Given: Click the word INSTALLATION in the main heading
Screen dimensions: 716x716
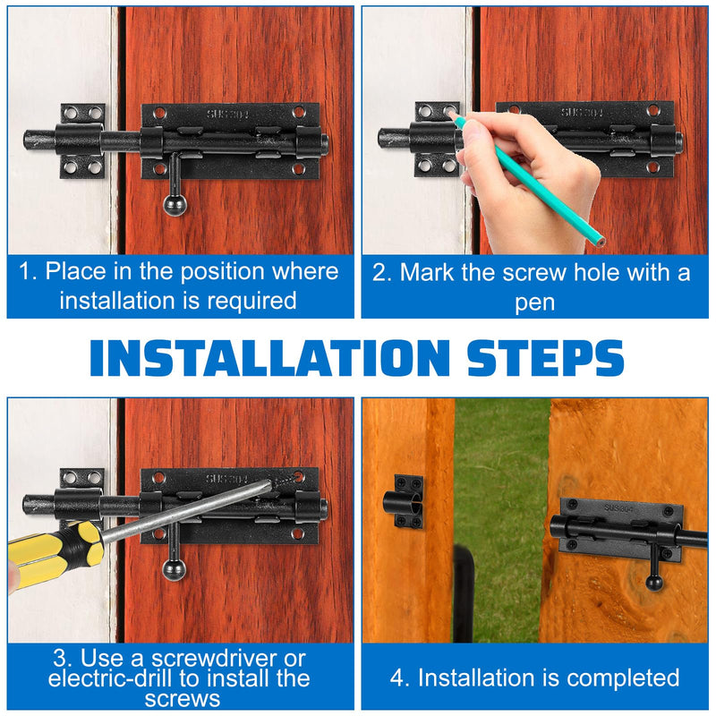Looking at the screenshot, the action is tap(270, 357).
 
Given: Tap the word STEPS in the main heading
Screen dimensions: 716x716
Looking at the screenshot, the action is tap(546, 357).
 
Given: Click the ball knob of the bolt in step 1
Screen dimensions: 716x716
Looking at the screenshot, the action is tap(175, 205).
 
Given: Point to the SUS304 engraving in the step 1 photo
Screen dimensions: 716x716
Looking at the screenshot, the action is tap(228, 115).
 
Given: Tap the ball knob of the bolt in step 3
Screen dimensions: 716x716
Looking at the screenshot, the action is tap(174, 570).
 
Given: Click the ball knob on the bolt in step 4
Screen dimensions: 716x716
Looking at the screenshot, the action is tap(654, 583).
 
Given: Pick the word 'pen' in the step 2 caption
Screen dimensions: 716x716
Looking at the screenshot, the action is tap(534, 303).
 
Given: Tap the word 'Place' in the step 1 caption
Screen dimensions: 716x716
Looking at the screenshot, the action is tap(76, 272).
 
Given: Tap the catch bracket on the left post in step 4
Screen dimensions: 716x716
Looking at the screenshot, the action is tap(403, 502).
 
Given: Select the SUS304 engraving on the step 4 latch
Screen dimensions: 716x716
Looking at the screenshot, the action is tap(618, 508).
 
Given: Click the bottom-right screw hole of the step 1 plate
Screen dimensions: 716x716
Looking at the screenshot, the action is tap(298, 169).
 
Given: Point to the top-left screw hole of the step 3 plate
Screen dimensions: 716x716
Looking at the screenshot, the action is tap(158, 478).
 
